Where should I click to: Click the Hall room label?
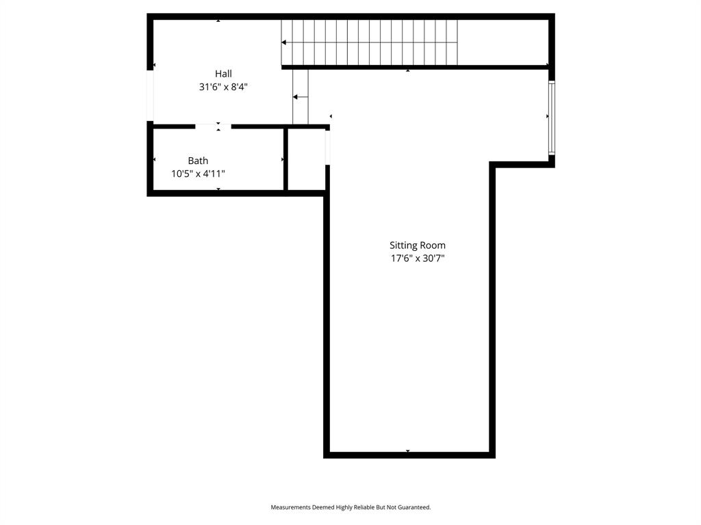click(x=223, y=74)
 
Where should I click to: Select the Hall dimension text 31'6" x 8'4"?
click(x=223, y=87)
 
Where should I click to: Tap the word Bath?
click(x=198, y=161)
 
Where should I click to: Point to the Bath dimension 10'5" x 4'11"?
click(x=198, y=174)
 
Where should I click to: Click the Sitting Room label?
click(x=418, y=245)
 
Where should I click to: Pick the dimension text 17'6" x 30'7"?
click(x=418, y=258)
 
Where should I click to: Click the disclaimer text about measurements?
click(x=350, y=507)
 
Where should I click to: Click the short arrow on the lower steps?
click(x=300, y=97)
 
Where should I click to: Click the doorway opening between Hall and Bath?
click(x=213, y=126)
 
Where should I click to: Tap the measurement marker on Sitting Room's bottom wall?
click(x=408, y=451)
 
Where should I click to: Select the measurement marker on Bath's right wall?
click(x=283, y=159)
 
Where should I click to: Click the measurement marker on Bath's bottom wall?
click(x=218, y=189)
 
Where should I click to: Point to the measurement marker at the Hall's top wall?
click(x=218, y=21)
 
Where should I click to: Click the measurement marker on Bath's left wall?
click(x=154, y=159)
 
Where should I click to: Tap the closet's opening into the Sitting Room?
click(x=327, y=147)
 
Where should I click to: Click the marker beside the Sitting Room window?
click(x=547, y=117)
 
